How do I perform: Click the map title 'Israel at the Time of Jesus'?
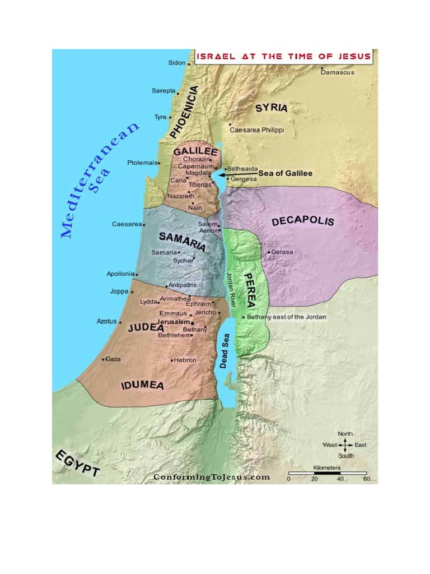[x=283, y=56]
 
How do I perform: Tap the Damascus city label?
[x=338, y=72]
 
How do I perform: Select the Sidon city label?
[x=176, y=63]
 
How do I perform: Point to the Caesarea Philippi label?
[x=257, y=130]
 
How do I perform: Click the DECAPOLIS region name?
[x=302, y=220]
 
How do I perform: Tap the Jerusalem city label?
[x=175, y=323]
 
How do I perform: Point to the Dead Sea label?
[x=225, y=354]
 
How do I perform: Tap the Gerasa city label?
[x=282, y=252]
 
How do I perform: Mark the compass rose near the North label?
[x=345, y=445]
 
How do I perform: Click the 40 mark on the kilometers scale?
[x=340, y=479]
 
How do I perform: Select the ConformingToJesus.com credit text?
[x=212, y=477]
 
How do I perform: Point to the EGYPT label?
[x=77, y=463]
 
